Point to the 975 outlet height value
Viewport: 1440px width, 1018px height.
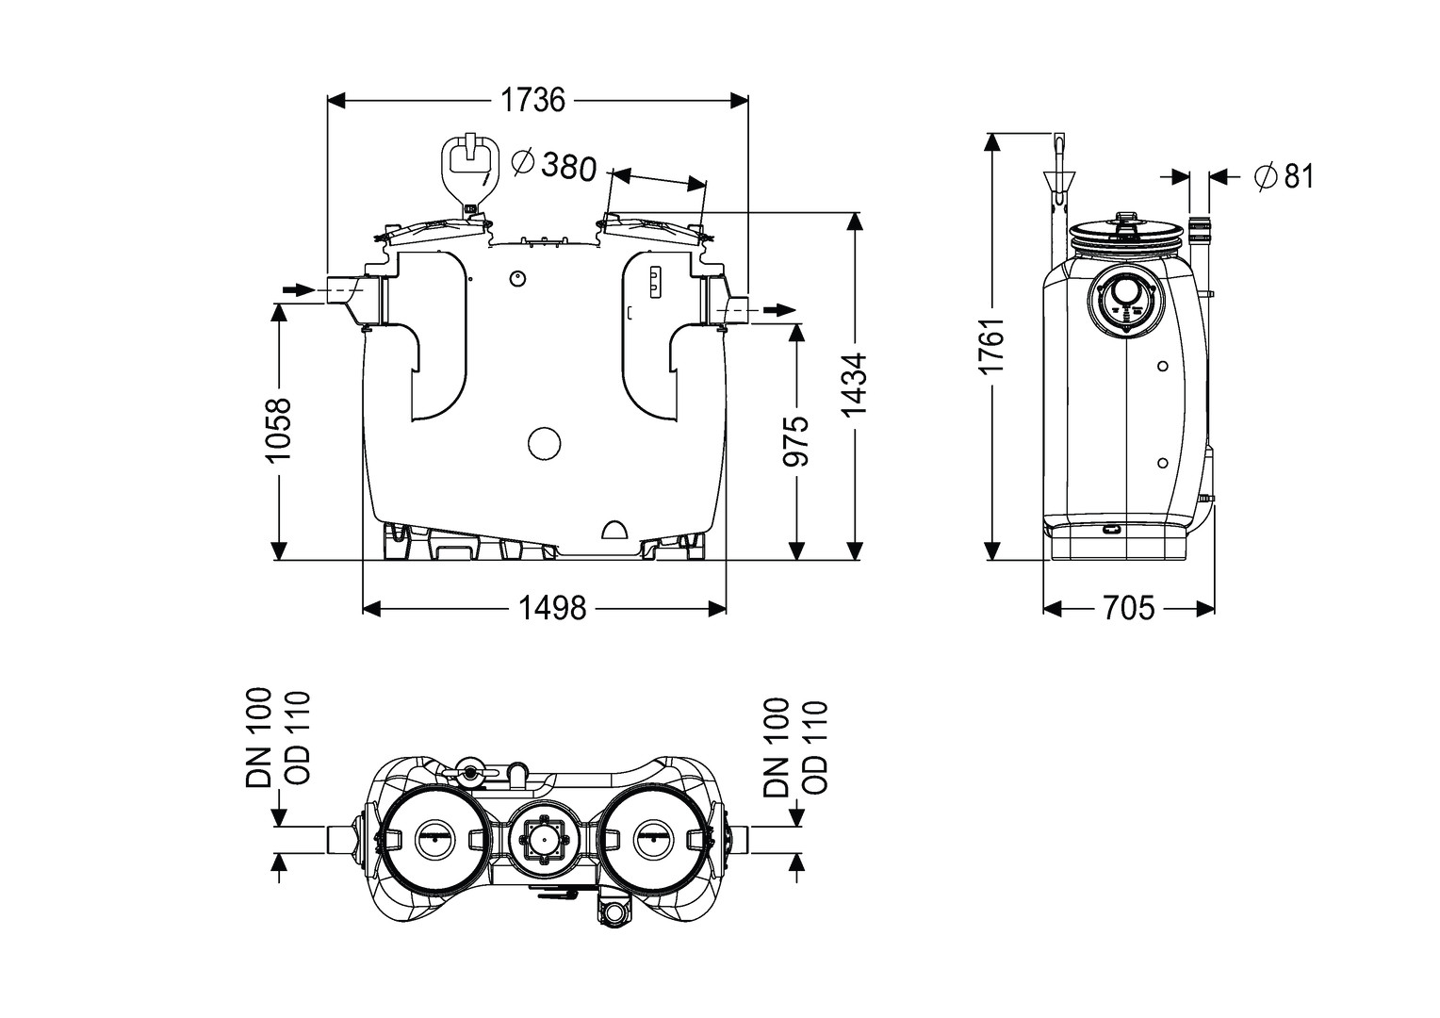[x=796, y=441]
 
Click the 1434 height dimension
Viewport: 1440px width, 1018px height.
[x=854, y=386]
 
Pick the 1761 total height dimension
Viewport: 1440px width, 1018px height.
[x=992, y=347]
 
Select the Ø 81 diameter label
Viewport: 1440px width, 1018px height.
[x=1284, y=176]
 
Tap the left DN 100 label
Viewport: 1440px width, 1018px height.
[x=259, y=737]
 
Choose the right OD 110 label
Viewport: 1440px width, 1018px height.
[x=812, y=748]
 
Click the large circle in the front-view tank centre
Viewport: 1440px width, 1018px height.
[x=544, y=442]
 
